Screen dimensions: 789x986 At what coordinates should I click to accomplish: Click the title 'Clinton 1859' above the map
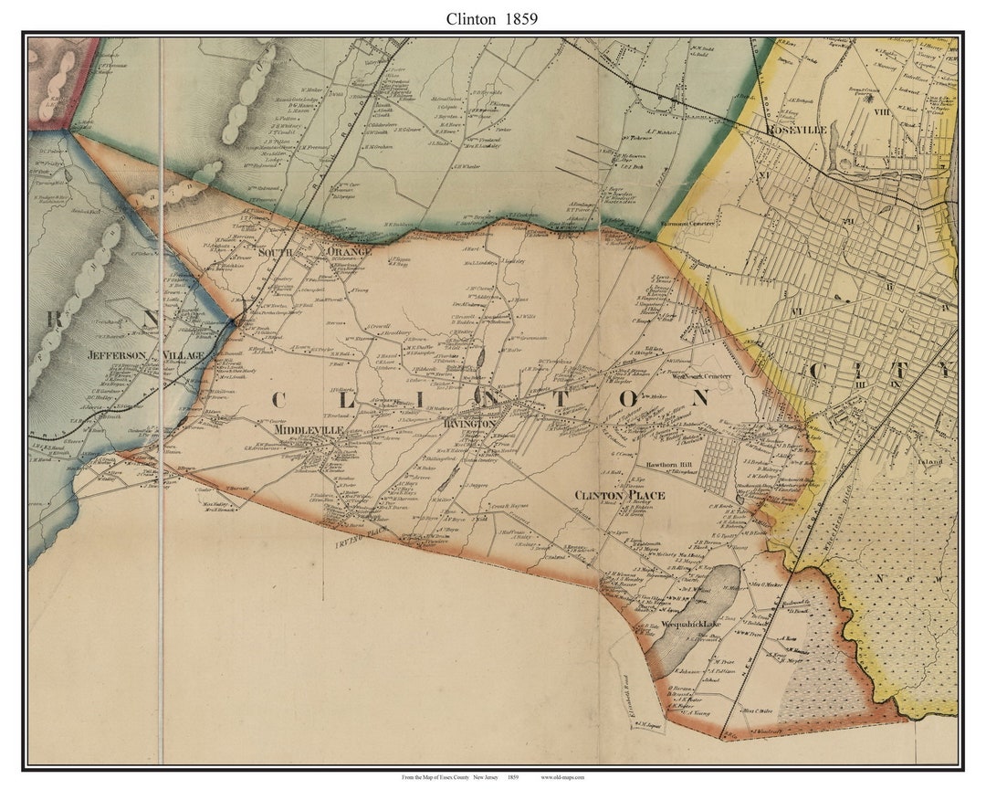click(492, 18)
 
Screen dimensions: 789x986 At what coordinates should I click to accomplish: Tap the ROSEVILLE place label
click(797, 131)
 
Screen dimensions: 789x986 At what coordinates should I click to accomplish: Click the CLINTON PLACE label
click(619, 495)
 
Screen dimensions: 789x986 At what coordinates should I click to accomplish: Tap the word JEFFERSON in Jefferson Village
click(117, 354)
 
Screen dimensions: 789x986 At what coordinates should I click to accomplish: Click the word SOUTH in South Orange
click(275, 251)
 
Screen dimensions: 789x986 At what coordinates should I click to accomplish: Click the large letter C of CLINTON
click(278, 399)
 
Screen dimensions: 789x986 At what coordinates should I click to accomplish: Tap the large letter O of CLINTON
click(627, 398)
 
